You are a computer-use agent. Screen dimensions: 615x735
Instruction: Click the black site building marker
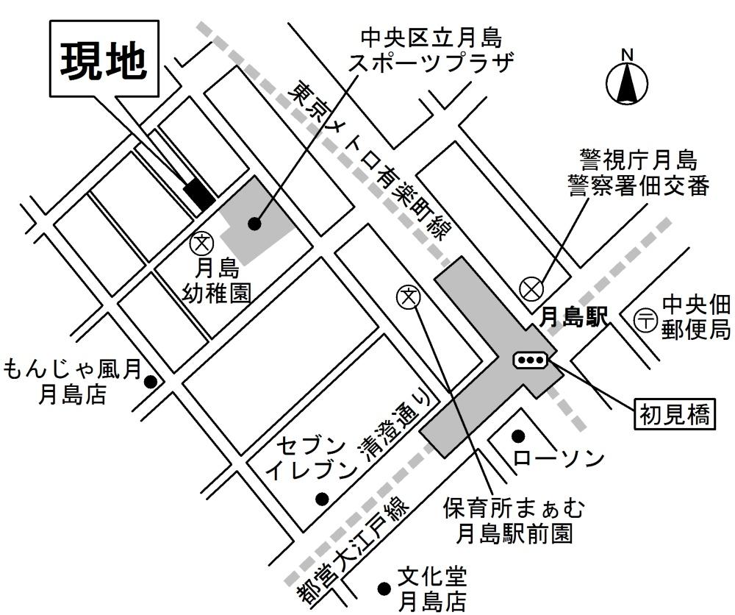pos(199,193)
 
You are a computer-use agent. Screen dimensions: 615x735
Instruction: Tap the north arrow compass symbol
pos(627,80)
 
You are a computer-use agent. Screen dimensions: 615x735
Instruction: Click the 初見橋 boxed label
pos(673,414)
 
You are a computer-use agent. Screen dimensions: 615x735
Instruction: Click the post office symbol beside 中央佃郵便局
pos(645,320)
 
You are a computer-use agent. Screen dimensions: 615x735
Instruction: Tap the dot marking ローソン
pos(518,436)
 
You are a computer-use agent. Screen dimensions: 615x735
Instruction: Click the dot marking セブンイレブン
pos(321,499)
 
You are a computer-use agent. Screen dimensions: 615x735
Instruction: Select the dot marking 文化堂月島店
pos(383,589)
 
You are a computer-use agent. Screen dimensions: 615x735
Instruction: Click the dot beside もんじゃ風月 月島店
pos(151,382)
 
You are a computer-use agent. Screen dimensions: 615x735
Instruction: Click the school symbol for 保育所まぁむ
pos(407,296)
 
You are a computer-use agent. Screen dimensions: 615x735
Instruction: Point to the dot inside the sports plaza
pos(254,224)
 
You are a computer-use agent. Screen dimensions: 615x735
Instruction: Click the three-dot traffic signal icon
pos(531,360)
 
